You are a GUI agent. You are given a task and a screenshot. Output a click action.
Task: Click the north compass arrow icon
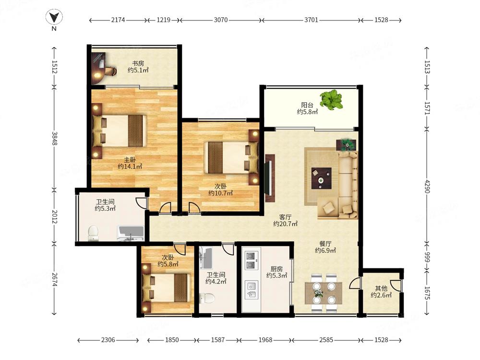tap(54, 17)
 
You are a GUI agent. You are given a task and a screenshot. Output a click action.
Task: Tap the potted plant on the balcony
tap(331, 99)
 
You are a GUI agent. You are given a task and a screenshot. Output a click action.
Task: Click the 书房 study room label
tap(138, 63)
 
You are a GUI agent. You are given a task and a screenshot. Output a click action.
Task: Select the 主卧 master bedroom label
tap(130, 159)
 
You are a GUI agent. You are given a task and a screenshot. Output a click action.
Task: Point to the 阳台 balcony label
tap(307, 105)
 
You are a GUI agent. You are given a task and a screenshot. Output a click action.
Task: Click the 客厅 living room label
tap(285, 217)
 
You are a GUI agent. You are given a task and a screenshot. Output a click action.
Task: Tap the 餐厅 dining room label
tap(325, 244)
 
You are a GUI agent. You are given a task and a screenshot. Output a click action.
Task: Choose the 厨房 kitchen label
tap(277, 269)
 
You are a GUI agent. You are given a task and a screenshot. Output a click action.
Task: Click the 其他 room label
tap(381, 288)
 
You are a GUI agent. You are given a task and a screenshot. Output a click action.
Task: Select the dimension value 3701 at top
tap(311, 20)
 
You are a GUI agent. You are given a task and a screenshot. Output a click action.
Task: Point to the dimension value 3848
tap(55, 138)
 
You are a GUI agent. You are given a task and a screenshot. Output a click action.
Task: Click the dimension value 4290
tap(427, 186)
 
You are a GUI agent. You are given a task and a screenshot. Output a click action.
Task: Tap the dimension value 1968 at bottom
tap(265, 340)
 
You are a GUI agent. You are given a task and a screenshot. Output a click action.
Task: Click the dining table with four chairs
tap(324, 293)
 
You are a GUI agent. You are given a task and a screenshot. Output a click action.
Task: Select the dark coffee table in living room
tap(322, 178)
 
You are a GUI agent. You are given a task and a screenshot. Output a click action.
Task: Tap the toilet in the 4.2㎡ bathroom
tap(207, 298)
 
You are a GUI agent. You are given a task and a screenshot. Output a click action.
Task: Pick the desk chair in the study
tap(110, 71)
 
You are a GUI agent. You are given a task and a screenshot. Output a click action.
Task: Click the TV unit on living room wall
tap(269, 178)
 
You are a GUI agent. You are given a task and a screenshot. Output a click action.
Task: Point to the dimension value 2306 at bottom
tap(108, 340)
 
